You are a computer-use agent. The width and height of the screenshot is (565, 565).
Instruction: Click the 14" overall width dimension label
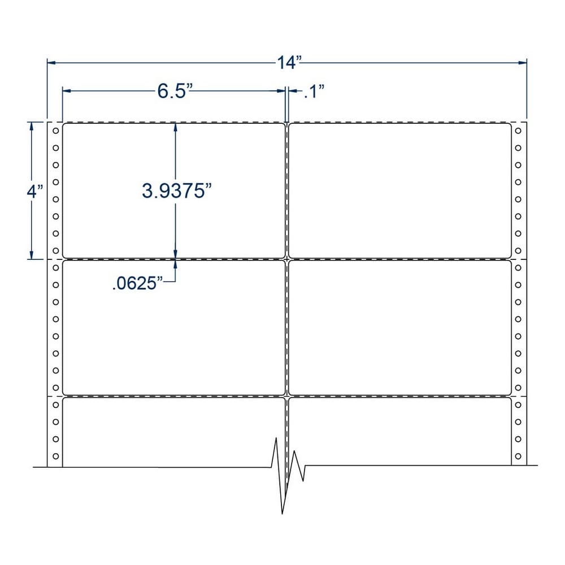click(x=288, y=62)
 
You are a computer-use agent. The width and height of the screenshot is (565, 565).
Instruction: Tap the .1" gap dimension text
click(x=314, y=91)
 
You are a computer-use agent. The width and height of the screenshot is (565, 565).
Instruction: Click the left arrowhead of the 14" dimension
click(x=51, y=63)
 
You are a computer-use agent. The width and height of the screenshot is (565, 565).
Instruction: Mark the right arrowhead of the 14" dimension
click(x=523, y=63)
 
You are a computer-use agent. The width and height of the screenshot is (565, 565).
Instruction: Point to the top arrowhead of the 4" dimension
click(x=32, y=126)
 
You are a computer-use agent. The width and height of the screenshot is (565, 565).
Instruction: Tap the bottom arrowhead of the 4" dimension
click(x=32, y=255)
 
